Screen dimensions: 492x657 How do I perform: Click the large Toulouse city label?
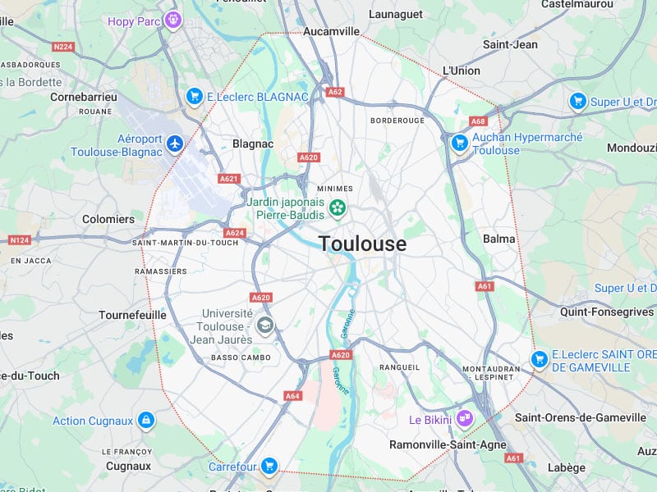[362, 244]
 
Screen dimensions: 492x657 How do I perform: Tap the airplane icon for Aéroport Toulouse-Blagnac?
[174, 144]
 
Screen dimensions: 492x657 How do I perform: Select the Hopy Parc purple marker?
[172, 19]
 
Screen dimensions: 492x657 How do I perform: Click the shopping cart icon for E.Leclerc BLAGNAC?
[195, 96]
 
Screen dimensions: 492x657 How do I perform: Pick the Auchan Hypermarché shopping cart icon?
[460, 143]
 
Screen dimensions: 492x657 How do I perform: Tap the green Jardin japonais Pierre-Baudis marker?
[337, 208]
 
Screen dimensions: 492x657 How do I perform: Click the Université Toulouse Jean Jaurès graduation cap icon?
[264, 326]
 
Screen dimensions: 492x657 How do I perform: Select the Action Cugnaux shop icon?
[146, 421]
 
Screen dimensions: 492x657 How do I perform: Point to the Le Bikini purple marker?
[465, 419]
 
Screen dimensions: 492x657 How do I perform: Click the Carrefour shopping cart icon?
[268, 467]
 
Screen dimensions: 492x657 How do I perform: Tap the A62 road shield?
[334, 92]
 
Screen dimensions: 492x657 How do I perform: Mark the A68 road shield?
[479, 121]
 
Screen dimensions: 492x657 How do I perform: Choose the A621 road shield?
[228, 178]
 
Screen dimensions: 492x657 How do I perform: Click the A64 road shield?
[293, 395]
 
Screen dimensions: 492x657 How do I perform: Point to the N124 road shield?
[19, 240]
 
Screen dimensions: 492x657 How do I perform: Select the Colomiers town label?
[108, 219]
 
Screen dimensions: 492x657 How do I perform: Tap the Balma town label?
[499, 239]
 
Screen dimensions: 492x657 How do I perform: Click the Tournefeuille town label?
[132, 315]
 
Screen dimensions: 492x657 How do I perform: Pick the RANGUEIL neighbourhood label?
[399, 367]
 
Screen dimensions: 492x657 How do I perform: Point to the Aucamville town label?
[332, 31]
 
